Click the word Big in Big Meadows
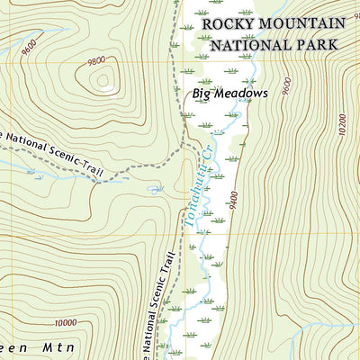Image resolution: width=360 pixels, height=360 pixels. click(200, 93)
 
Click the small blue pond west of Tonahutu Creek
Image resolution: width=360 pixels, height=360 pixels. click(155, 189)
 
